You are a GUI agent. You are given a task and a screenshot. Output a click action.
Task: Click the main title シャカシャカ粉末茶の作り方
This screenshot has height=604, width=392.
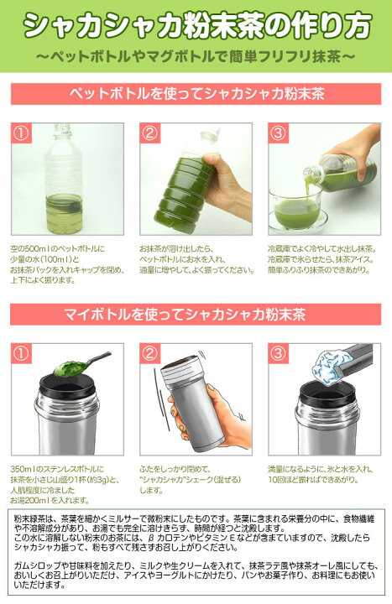[x=197, y=26]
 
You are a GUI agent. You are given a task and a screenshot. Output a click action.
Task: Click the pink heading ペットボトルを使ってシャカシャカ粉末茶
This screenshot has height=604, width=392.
[x=196, y=94]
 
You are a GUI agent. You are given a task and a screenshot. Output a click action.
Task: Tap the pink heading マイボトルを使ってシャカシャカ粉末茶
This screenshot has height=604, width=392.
[x=186, y=315]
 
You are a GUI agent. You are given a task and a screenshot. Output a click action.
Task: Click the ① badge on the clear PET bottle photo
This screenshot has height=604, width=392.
[x=21, y=133]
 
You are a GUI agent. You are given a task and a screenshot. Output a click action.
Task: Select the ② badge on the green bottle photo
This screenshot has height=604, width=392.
[x=150, y=133]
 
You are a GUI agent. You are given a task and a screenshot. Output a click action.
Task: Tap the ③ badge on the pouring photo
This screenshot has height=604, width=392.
[x=279, y=133]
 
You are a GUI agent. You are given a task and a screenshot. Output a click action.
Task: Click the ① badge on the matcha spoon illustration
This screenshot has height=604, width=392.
[x=21, y=354]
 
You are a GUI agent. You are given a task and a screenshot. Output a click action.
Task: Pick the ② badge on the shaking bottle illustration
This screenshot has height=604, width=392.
[x=150, y=354]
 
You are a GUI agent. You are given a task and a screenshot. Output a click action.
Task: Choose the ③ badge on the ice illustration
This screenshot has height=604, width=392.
[x=279, y=354]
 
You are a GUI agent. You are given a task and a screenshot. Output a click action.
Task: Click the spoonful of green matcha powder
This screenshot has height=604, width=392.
[x=70, y=367]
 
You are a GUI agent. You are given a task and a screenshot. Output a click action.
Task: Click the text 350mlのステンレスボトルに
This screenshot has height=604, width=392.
[x=57, y=469]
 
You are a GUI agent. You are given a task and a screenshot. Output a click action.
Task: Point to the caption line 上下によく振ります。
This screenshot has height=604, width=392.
[x=43, y=280]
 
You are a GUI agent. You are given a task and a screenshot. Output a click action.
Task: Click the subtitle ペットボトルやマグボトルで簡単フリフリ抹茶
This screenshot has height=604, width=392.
[x=196, y=57]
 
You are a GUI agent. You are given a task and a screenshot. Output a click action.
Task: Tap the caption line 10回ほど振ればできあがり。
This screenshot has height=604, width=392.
[x=314, y=480]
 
